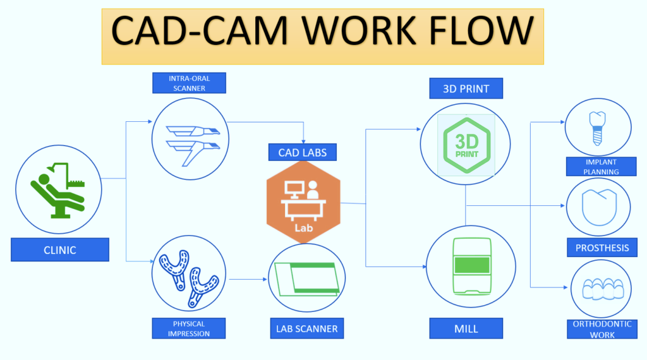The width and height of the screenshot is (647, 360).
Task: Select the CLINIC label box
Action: (60, 249)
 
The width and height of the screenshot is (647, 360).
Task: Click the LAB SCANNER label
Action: (306, 328)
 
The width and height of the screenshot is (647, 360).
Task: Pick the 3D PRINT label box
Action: (466, 88)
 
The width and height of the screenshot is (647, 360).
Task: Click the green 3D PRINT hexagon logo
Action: (466, 143)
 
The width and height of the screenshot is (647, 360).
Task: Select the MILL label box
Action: (466, 328)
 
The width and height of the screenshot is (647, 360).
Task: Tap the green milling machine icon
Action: (466, 266)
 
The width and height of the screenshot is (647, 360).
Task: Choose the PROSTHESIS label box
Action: (602, 248)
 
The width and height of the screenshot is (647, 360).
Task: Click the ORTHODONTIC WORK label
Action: (602, 329)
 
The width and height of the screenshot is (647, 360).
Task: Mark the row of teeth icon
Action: (602, 290)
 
